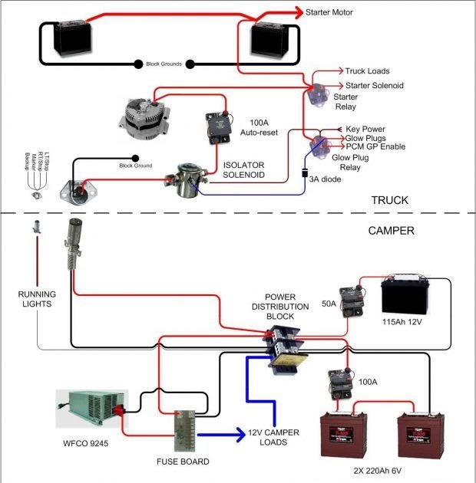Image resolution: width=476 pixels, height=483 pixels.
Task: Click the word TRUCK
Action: pyautogui.click(x=390, y=201)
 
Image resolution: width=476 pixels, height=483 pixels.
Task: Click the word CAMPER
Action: pyautogui.click(x=391, y=230)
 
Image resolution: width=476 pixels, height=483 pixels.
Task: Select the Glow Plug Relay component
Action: pyautogui.click(x=317, y=143)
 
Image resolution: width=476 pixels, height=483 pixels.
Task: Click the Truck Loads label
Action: pyautogui.click(x=367, y=71)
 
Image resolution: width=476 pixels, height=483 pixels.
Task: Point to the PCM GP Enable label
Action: pyautogui.click(x=375, y=146)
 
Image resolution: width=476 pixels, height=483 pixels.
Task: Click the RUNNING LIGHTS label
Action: pyautogui.click(x=36, y=298)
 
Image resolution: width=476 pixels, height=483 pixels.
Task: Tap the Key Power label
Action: pyautogui.click(x=365, y=129)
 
